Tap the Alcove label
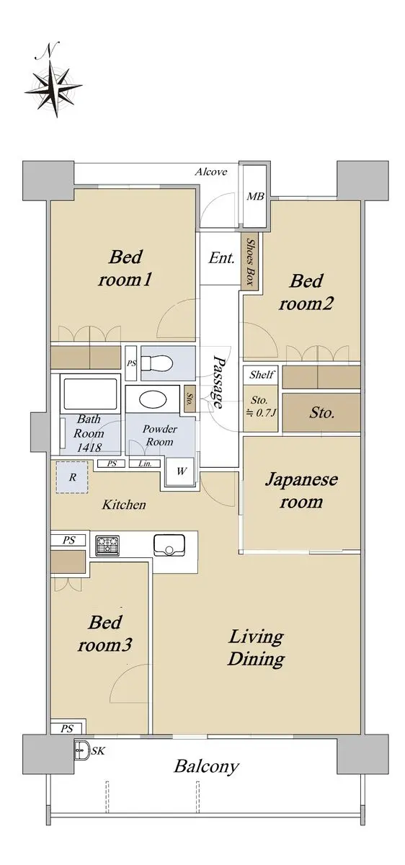210,172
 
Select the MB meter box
255,197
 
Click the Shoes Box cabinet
250,262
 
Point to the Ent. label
221,257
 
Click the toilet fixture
156,363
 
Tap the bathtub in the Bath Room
90,394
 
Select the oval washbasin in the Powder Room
153,399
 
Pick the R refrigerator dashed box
72,477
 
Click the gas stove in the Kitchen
107,546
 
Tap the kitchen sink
170,544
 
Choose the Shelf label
262,374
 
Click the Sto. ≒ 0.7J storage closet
260,408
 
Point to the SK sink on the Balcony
82,750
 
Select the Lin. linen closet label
144,463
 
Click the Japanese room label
301,491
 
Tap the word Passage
218,382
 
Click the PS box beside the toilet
131,363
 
